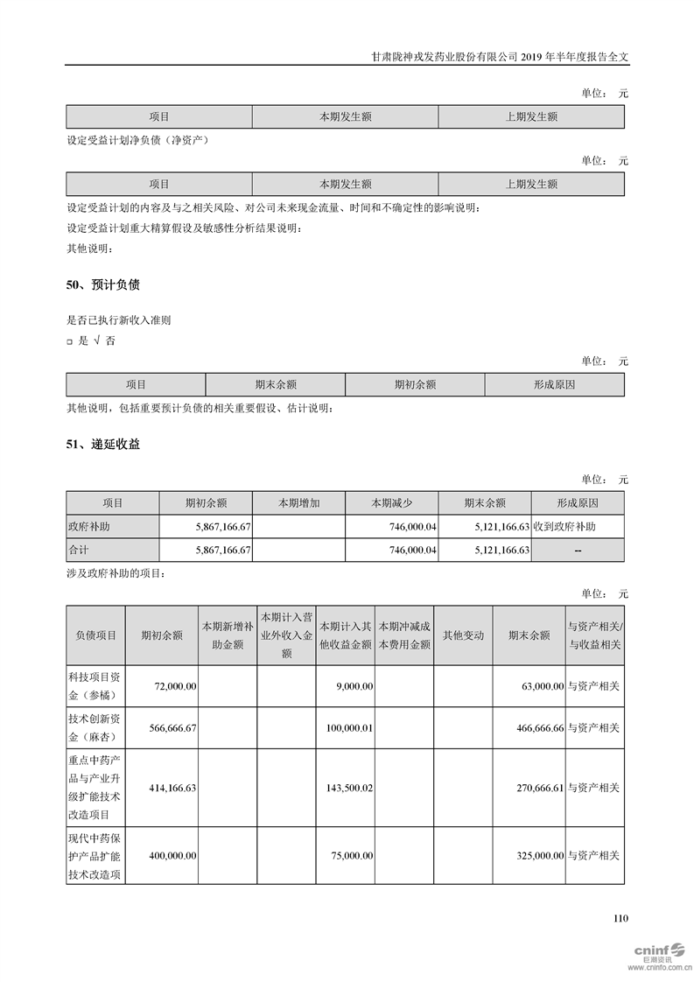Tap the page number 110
(620, 918)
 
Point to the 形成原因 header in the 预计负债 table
(554, 384)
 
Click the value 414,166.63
(172, 788)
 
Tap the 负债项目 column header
(95, 636)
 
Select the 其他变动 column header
(463, 636)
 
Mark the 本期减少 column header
(392, 503)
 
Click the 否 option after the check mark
(109, 341)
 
